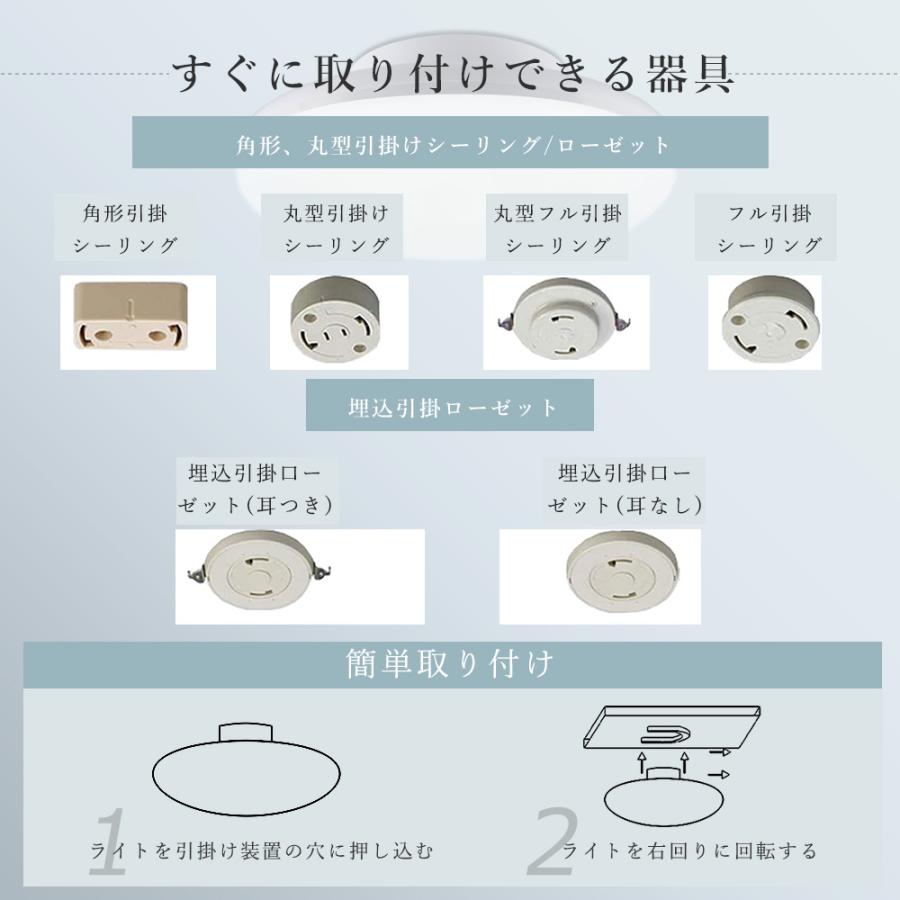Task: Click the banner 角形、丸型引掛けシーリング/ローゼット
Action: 450,143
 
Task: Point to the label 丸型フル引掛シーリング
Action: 557,229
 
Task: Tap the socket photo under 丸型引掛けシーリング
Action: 339,317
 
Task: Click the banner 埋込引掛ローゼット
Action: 450,407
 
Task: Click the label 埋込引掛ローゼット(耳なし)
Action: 625,489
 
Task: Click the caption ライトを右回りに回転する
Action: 690,852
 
